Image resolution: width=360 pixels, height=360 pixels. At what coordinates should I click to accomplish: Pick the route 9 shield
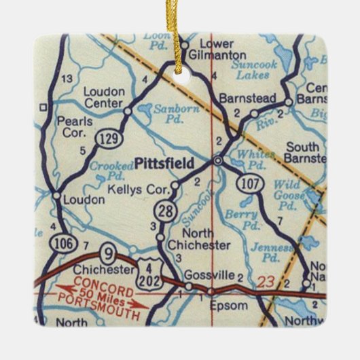(106, 253)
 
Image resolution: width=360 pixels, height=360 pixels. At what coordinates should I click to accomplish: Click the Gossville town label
(215, 275)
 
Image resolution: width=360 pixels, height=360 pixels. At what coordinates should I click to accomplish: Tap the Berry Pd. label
(247, 220)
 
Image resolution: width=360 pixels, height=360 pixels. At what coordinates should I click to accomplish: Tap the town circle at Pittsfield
(217, 160)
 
